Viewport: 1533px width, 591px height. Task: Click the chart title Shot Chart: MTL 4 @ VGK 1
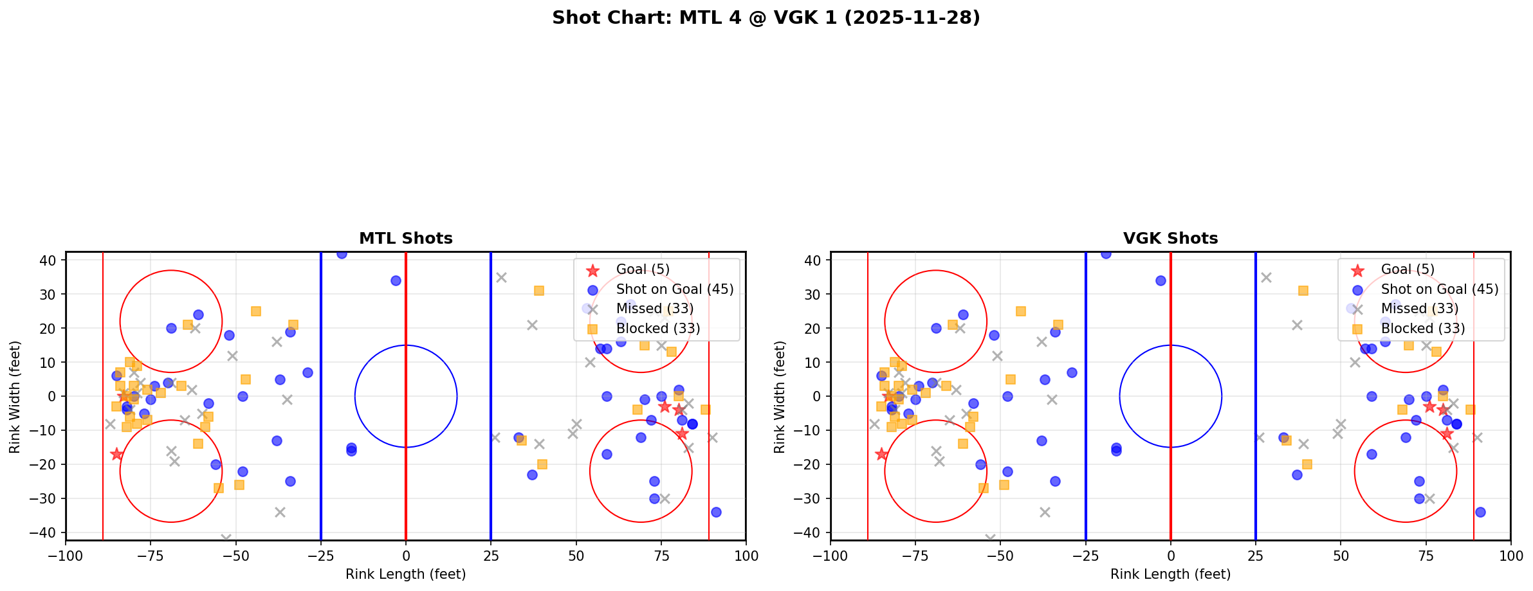pyautogui.click(x=766, y=18)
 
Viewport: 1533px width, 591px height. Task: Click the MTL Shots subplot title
pyautogui.click(x=405, y=239)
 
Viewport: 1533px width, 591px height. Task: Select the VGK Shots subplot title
pyautogui.click(x=1170, y=239)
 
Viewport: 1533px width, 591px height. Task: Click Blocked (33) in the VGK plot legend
pyautogui.click(x=1423, y=329)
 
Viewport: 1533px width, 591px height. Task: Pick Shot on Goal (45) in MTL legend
pyautogui.click(x=674, y=289)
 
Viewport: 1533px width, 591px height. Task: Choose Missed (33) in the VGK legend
pyautogui.click(x=1419, y=309)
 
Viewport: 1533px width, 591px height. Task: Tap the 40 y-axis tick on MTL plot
pyautogui.click(x=51, y=260)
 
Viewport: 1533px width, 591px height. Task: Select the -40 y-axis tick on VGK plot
pyautogui.click(x=813, y=532)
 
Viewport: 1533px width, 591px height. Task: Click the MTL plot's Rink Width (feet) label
pyautogui.click(x=15, y=397)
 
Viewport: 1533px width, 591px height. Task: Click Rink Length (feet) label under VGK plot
pyautogui.click(x=1170, y=574)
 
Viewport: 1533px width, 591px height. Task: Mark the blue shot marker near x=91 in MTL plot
pyautogui.click(x=716, y=512)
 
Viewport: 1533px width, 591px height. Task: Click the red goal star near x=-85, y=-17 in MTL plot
pyautogui.click(x=116, y=454)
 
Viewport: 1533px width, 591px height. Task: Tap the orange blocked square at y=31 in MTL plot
pyautogui.click(x=538, y=291)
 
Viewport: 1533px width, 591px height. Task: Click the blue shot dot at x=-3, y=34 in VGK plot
pyautogui.click(x=1161, y=280)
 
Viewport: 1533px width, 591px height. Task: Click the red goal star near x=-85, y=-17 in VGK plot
pyautogui.click(x=881, y=454)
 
